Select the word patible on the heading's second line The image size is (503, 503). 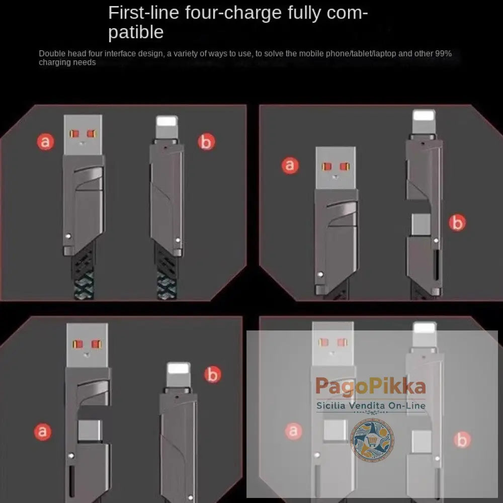click(x=136, y=33)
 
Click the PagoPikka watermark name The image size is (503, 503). click(x=371, y=387)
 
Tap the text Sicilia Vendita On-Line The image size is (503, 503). click(x=371, y=405)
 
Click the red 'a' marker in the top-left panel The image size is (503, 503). click(x=46, y=142)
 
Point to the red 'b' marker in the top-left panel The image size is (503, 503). click(x=205, y=142)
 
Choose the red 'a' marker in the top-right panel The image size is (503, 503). click(x=290, y=164)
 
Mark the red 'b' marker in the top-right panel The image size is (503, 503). click(x=457, y=222)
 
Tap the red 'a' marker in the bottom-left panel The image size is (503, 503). click(x=42, y=431)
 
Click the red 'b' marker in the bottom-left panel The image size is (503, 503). click(x=213, y=374)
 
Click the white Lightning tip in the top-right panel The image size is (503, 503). click(x=424, y=122)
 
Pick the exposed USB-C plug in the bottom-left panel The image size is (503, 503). click(x=88, y=430)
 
